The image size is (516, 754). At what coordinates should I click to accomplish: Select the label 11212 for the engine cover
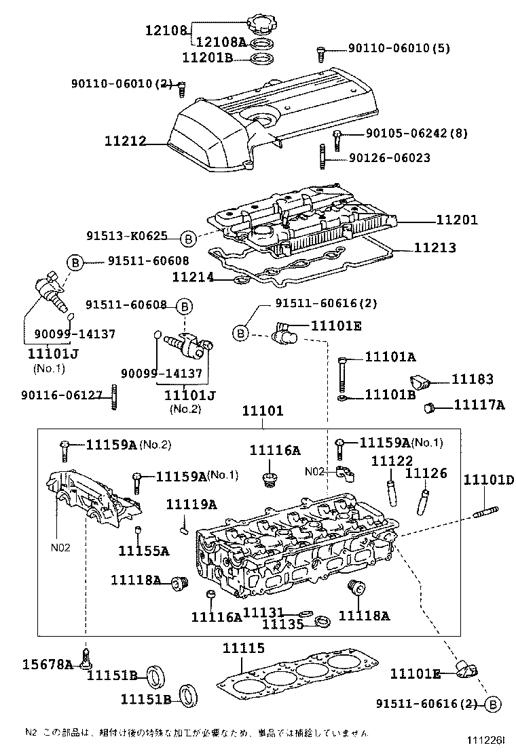[125, 142]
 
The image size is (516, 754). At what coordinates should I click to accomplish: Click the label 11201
[456, 220]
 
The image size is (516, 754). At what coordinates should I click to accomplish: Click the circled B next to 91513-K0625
[189, 238]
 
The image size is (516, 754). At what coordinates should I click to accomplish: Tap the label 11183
[473, 380]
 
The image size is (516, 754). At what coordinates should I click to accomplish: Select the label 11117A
[479, 405]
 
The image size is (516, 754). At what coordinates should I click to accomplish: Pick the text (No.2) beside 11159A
[155, 445]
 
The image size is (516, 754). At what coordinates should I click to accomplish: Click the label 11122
[392, 461]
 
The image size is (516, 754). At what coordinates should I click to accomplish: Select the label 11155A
[143, 550]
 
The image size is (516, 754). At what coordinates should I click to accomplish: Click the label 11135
[283, 623]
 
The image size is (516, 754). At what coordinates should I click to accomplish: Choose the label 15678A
[46, 664]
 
